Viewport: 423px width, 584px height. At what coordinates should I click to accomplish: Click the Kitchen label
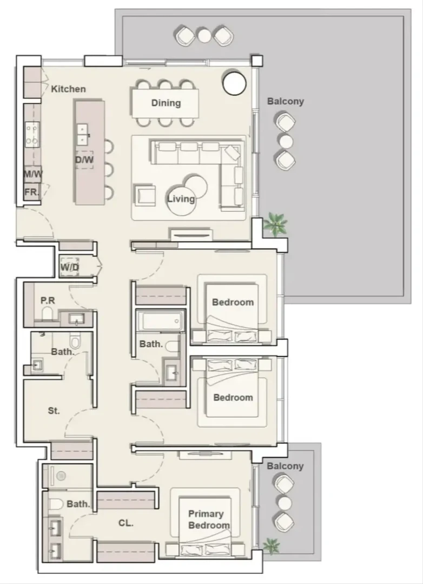tap(68, 89)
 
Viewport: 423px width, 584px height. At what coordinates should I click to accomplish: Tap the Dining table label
tap(166, 103)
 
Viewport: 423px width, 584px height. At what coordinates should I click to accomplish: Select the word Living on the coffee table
tap(181, 198)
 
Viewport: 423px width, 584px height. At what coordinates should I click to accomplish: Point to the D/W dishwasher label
tap(84, 160)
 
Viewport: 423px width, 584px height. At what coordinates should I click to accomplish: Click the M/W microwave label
tap(33, 174)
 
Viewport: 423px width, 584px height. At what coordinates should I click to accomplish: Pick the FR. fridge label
tap(31, 192)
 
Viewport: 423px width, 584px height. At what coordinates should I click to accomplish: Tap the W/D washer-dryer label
tap(70, 268)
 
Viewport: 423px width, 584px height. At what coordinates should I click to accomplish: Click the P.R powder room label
tap(48, 300)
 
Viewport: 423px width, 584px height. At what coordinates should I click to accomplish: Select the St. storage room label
tap(54, 411)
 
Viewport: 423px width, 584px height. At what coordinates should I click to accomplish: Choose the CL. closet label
tap(126, 523)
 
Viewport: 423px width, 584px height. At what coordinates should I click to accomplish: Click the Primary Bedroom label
tap(209, 520)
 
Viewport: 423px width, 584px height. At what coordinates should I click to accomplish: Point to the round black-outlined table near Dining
tap(234, 83)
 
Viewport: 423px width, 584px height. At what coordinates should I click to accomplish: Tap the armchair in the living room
tap(144, 195)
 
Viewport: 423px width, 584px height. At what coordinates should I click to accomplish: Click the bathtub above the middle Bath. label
tap(161, 321)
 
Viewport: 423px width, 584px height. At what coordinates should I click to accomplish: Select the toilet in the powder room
tap(48, 314)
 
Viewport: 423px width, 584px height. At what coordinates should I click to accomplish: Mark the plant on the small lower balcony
tap(272, 546)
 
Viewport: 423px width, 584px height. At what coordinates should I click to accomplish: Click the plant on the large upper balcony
tap(275, 224)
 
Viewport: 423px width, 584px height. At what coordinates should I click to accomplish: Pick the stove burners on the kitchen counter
tap(32, 134)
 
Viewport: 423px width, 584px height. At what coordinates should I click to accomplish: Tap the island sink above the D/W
tap(83, 134)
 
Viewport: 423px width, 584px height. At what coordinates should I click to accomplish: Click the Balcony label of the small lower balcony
tap(285, 466)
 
